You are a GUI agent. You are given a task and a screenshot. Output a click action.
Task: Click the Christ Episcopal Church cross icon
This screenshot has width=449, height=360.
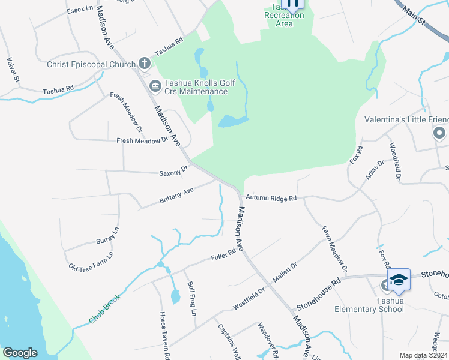point(144,63)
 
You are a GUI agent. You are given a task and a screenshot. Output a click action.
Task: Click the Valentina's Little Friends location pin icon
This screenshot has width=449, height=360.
point(439,133)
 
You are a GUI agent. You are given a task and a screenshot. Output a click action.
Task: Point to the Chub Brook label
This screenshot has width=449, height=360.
point(104,309)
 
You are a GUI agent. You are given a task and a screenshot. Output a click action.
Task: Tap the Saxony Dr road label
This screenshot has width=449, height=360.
point(173,172)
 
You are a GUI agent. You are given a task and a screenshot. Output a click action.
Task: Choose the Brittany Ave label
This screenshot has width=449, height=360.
point(176,195)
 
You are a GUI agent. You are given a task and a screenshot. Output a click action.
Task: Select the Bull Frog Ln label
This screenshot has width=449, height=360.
point(191,299)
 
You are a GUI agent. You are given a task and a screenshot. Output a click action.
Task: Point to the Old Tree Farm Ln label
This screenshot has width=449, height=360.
point(91,259)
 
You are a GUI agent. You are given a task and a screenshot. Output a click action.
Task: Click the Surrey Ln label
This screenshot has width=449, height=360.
point(108,236)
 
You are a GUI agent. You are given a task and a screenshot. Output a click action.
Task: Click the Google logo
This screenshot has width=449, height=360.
point(20,353)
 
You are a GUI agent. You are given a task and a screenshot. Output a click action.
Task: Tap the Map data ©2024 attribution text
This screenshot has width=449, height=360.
point(423,355)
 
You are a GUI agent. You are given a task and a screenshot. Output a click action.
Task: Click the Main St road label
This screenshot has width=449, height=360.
point(414,17)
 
